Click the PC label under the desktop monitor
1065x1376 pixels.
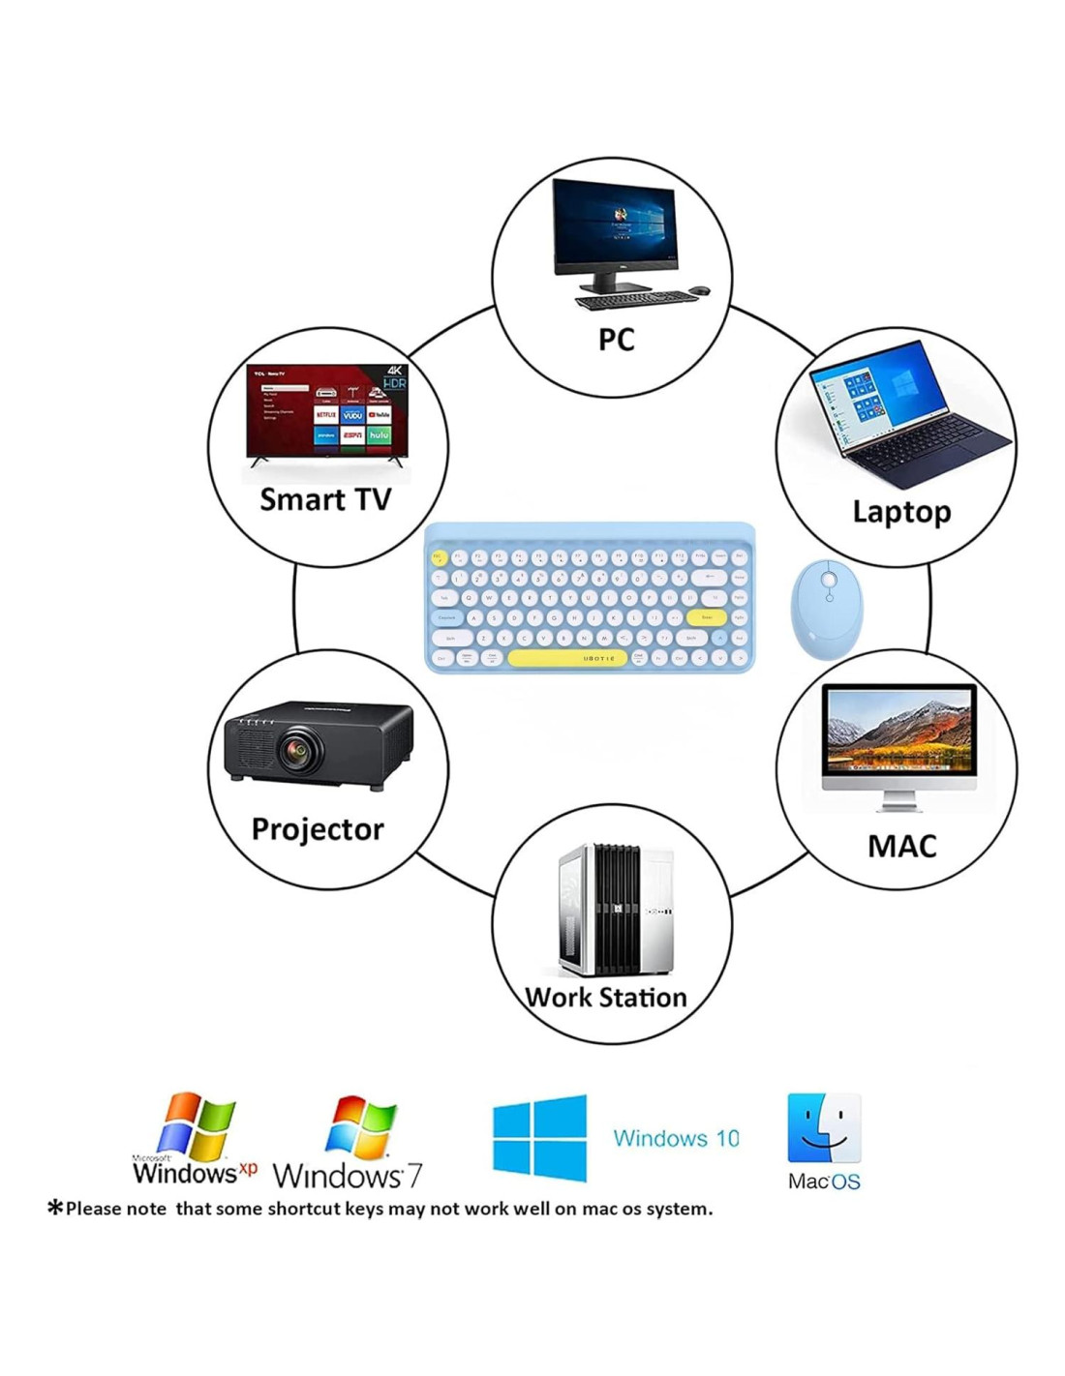[616, 340]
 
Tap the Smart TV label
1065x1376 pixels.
[325, 499]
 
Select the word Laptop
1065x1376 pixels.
[901, 511]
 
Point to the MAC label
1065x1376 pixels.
[901, 846]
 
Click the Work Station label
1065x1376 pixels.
[606, 997]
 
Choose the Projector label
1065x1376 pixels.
[318, 829]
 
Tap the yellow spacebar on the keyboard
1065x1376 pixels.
[566, 658]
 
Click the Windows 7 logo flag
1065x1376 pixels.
[362, 1128]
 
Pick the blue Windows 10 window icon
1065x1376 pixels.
[539, 1137]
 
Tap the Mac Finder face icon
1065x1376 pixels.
[824, 1128]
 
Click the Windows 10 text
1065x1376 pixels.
[676, 1138]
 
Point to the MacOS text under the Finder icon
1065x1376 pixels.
[824, 1182]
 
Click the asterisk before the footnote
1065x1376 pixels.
[55, 1207]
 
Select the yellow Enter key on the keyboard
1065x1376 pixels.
[707, 617]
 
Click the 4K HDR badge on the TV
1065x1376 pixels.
[395, 377]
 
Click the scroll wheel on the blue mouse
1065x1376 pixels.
[829, 581]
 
